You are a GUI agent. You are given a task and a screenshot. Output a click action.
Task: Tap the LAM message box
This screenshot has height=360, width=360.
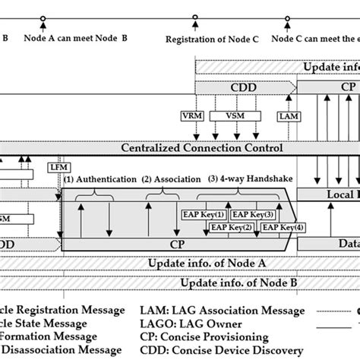tap(289, 116)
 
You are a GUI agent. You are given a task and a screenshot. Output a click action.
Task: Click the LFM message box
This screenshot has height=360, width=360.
tap(58, 166)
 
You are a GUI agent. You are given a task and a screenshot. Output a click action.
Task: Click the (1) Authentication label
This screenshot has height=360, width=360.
tap(99, 180)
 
